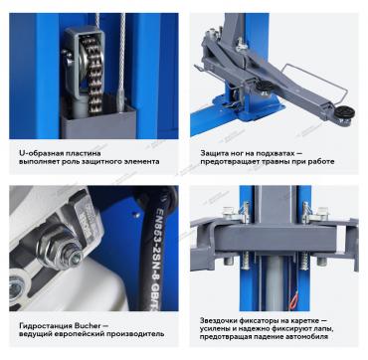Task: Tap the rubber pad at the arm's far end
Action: click(x=344, y=112)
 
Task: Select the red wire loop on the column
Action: click(x=293, y=301)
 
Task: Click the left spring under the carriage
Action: click(x=246, y=261)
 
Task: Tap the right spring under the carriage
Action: click(x=303, y=261)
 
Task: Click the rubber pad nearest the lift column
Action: click(x=265, y=87)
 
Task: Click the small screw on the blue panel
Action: click(x=135, y=215)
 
